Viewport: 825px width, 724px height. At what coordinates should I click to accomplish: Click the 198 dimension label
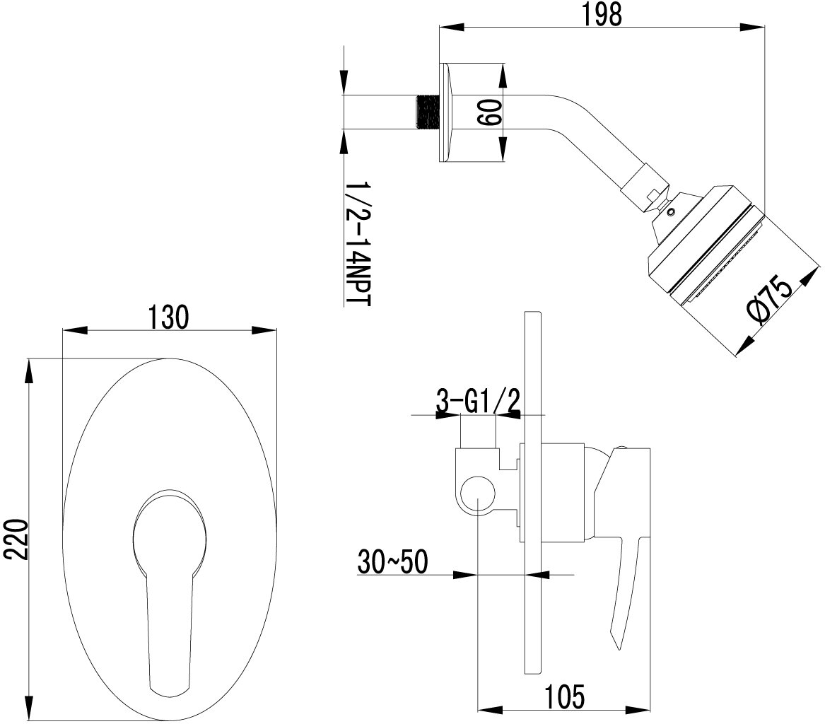[x=602, y=15]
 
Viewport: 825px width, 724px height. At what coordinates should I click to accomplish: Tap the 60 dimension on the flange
[x=488, y=112]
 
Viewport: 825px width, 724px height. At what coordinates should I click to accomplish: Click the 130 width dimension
[x=168, y=317]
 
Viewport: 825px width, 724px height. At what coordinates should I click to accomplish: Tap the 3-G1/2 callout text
[x=478, y=402]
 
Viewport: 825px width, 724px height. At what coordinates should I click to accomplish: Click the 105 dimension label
[x=565, y=696]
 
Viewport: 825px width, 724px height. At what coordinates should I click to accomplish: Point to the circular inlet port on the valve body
[x=478, y=493]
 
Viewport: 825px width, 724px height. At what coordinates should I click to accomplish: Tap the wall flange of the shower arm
[x=444, y=112]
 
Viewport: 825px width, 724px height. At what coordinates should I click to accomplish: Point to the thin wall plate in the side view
[x=534, y=495]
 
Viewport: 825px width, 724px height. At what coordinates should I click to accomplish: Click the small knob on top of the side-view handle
[x=621, y=448]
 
